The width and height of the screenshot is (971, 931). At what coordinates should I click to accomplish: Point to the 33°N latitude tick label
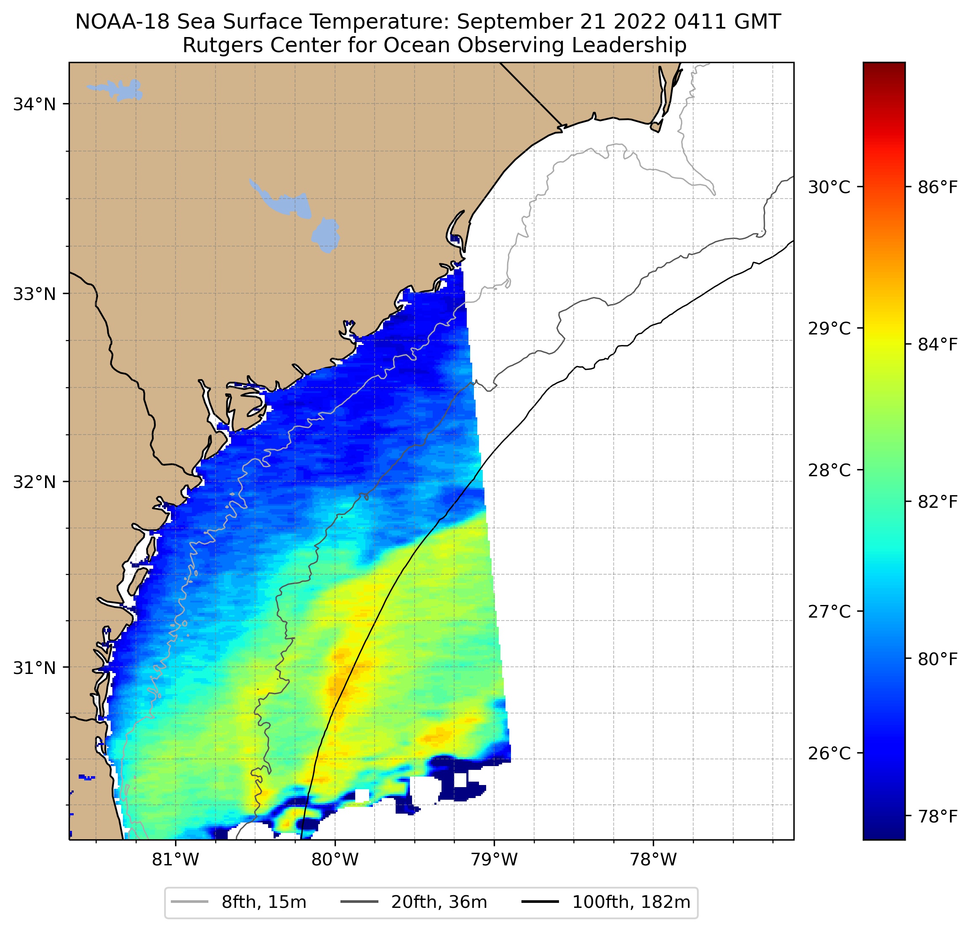tap(34, 294)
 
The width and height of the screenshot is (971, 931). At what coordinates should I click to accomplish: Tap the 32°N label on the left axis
tap(34, 481)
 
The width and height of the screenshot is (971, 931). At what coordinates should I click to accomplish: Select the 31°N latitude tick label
tap(34, 668)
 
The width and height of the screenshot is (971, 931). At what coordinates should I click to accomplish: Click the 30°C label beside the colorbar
tap(829, 187)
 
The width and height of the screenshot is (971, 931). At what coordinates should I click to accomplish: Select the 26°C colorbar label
tap(829, 753)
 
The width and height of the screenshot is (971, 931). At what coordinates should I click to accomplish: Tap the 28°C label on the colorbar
tap(829, 470)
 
